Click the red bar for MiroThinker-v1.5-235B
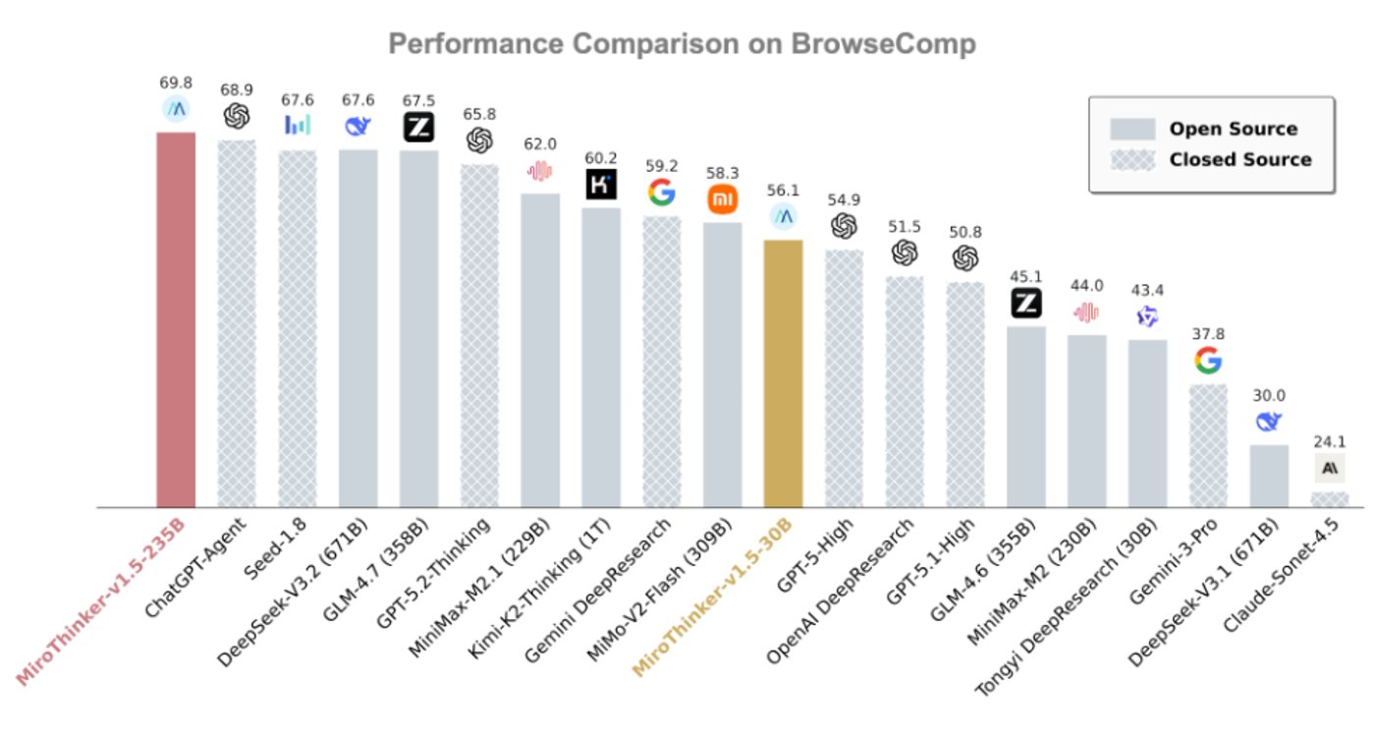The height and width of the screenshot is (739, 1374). [x=176, y=319]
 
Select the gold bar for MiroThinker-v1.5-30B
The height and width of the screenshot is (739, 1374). [x=783, y=373]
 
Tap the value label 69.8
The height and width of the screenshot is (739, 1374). [x=176, y=84]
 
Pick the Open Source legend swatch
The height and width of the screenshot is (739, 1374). [x=1131, y=129]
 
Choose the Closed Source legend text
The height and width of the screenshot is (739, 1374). [x=1239, y=159]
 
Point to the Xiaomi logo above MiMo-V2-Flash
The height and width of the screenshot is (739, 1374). [x=722, y=199]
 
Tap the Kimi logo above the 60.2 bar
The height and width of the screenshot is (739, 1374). [x=600, y=184]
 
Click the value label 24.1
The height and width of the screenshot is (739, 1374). [x=1329, y=441]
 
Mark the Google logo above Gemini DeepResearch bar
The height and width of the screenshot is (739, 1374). [x=661, y=193]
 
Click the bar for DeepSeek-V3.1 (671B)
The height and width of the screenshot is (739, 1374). [x=1268, y=476]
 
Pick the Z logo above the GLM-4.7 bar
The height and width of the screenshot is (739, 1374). [x=418, y=127]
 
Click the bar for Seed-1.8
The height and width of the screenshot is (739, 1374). [x=297, y=328]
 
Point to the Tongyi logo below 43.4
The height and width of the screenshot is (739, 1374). [x=1147, y=316]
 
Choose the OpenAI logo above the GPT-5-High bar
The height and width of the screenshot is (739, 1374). [x=844, y=227]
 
